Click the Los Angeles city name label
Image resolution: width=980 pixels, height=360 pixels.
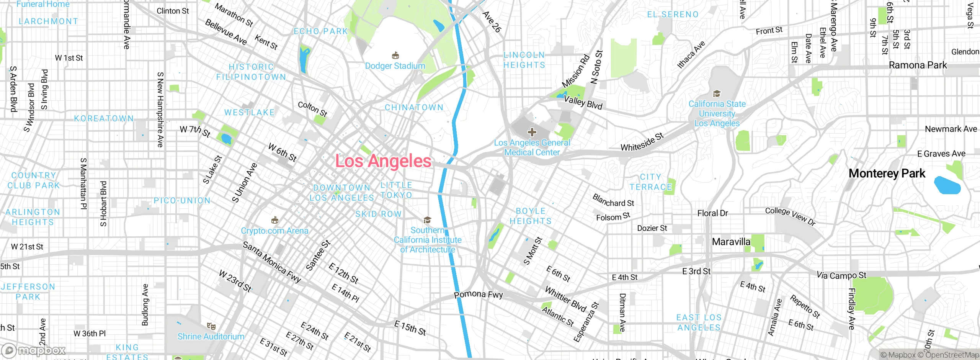pyautogui.click(x=383, y=161)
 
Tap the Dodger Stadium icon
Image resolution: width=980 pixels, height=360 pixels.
pyautogui.click(x=395, y=56)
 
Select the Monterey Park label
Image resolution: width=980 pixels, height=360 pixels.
pyautogui.click(x=887, y=173)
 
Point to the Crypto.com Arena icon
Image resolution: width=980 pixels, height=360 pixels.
pyautogui.click(x=274, y=220)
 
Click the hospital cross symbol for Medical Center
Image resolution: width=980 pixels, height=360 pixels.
pyautogui.click(x=532, y=132)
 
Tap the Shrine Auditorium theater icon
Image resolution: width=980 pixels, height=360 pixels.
pyautogui.click(x=211, y=326)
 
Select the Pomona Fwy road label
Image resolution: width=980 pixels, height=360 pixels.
pyautogui.click(x=478, y=295)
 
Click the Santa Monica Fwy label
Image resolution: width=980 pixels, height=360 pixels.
pyautogui.click(x=272, y=262)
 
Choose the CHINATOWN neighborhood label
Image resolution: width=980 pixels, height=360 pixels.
pyautogui.click(x=414, y=108)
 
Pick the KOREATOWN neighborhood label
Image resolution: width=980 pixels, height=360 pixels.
pyautogui.click(x=104, y=118)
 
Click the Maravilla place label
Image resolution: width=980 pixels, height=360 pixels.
pyautogui.click(x=731, y=242)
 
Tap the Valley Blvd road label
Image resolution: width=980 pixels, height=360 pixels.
pyautogui.click(x=583, y=103)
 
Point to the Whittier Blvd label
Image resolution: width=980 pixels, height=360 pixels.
pyautogui.click(x=565, y=299)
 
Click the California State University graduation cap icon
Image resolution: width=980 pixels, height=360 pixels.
pyautogui.click(x=717, y=94)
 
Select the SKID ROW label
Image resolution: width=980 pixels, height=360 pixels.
pyautogui.click(x=378, y=214)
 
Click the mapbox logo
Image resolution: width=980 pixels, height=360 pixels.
pyautogui.click(x=34, y=350)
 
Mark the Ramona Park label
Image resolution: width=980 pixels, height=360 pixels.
pyautogui.click(x=918, y=65)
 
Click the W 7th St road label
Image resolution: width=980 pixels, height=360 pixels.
pyautogui.click(x=195, y=131)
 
